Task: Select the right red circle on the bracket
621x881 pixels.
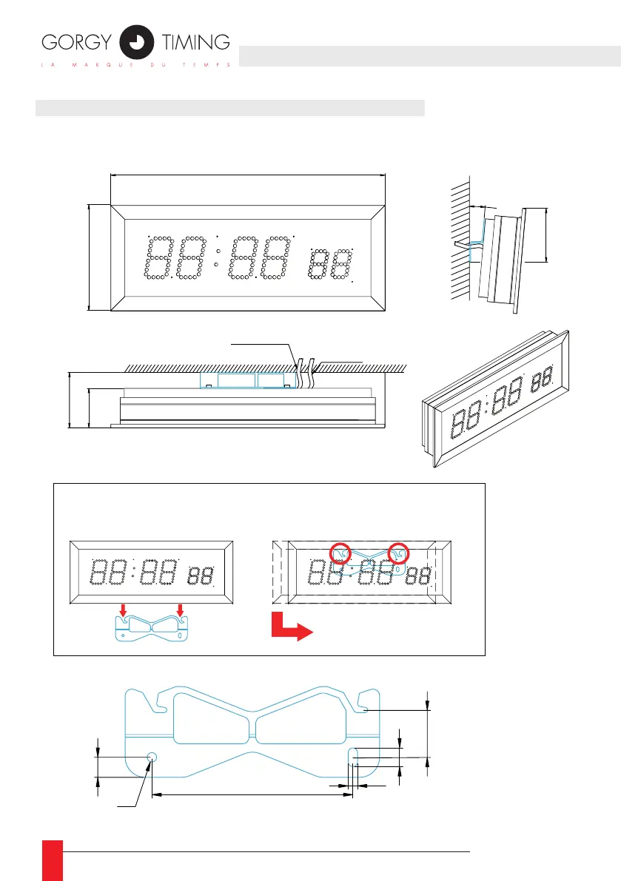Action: [399, 553]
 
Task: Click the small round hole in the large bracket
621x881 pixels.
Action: [152, 757]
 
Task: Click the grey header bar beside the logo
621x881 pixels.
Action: [429, 55]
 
